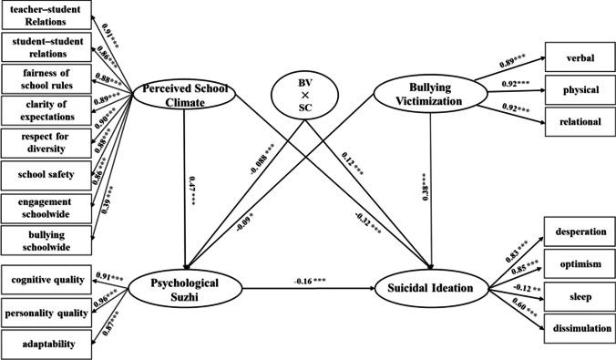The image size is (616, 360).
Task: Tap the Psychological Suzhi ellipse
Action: point(186,290)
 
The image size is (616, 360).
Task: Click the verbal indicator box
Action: point(579,59)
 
